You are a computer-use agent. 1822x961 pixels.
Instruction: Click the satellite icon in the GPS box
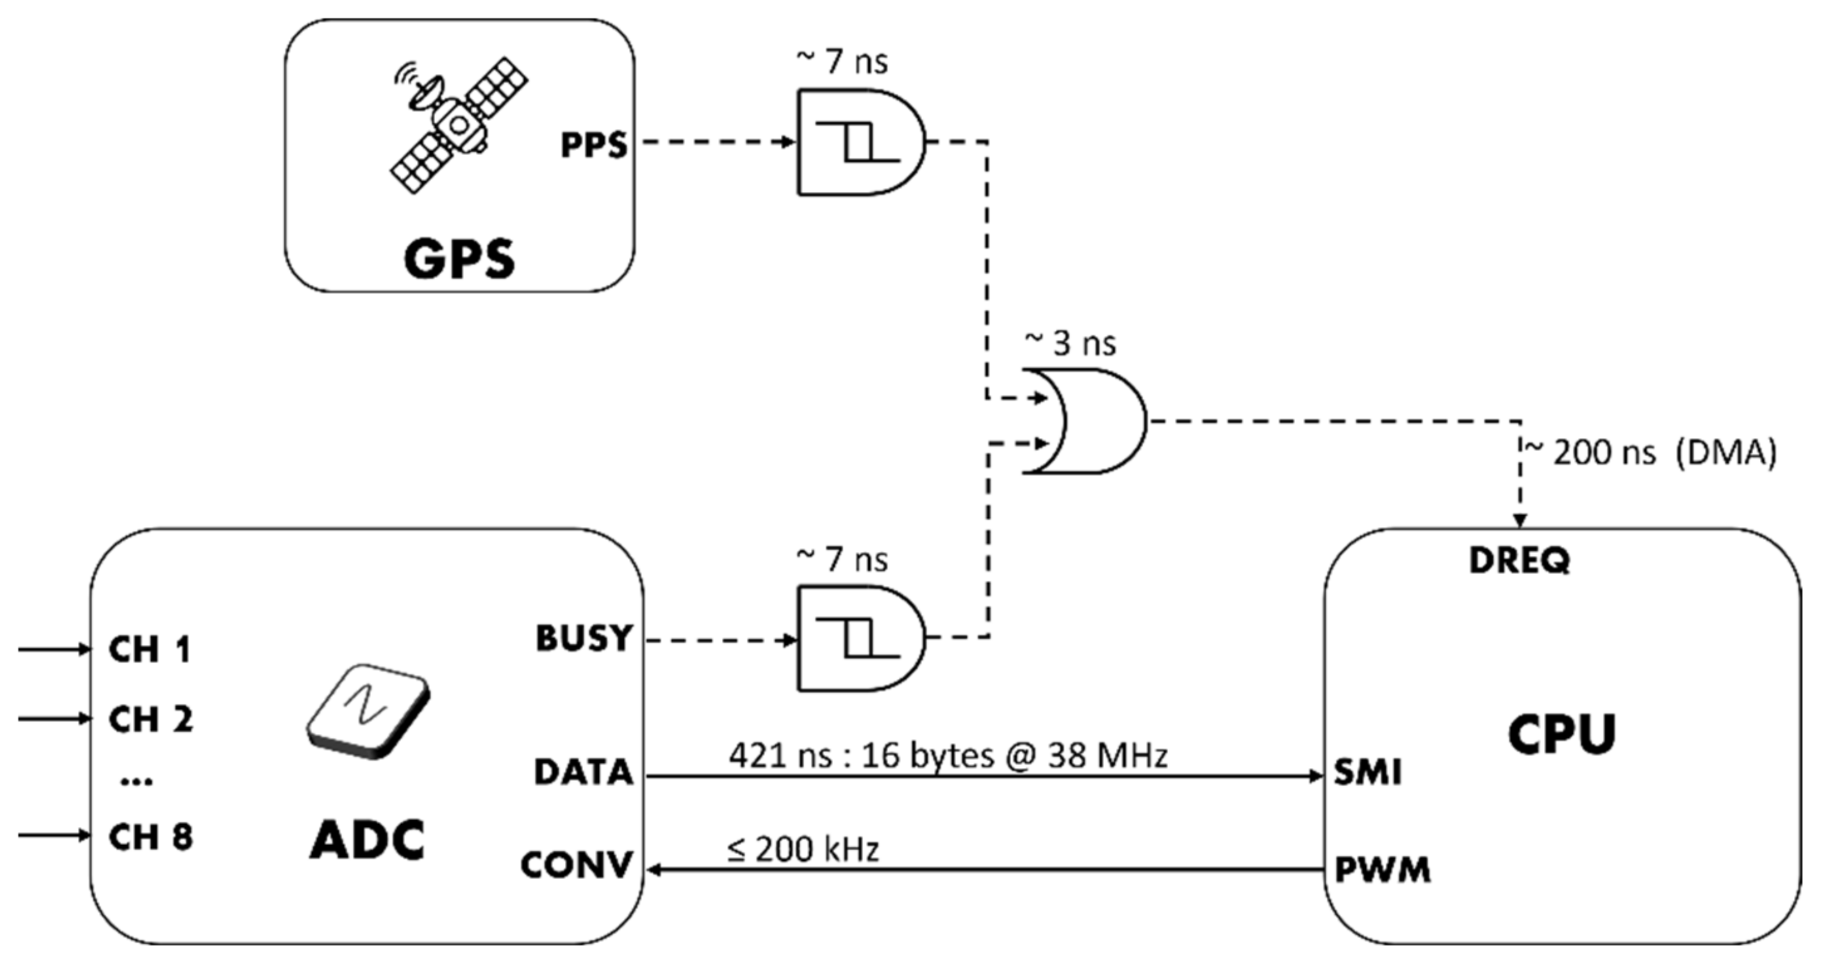pos(459,124)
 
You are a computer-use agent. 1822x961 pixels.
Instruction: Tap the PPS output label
pos(594,145)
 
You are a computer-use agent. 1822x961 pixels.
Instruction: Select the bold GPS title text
pos(459,259)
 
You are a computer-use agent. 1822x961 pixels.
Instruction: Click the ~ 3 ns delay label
pos(1070,344)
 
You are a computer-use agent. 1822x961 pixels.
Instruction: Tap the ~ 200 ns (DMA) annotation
pos(1649,453)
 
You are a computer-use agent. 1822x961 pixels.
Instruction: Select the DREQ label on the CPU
pos(1519,560)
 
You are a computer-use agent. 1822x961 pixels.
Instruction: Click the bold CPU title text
pos(1562,734)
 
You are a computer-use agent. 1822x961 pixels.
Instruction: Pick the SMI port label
pos(1367,772)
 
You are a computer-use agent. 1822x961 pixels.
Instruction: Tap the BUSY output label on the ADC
pos(584,638)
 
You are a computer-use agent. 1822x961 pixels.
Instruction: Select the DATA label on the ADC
pos(583,772)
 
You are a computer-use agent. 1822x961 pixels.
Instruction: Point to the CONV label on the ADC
pos(576,865)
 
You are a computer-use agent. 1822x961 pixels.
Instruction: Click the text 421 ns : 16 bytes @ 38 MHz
pos(948,756)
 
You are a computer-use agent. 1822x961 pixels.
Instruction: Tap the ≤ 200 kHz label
pos(803,849)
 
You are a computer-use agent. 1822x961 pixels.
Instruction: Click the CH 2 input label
pos(150,719)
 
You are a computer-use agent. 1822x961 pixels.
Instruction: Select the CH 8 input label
pos(150,837)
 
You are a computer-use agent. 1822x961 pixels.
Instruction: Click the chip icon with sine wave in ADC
pos(368,711)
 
